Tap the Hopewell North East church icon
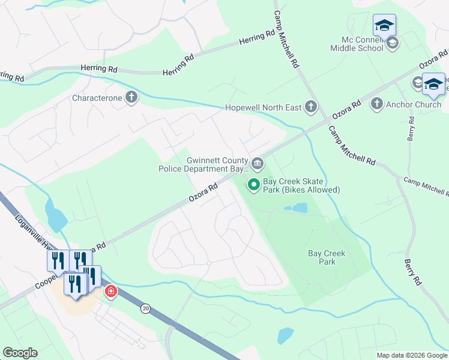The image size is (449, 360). coord(310,107)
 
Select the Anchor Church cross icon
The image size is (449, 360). coord(376,104)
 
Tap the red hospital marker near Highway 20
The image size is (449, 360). coord(110,292)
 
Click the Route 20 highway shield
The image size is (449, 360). coord(146,308)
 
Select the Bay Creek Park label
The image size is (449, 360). coord(327,257)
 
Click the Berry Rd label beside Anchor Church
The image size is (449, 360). coord(411,128)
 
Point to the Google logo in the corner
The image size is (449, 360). coord(20,353)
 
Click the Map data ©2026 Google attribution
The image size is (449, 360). coord(412,355)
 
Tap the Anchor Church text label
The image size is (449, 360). coord(414,104)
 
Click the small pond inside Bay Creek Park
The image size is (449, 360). coord(297,208)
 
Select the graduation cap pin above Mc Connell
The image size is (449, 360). coord(384,26)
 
